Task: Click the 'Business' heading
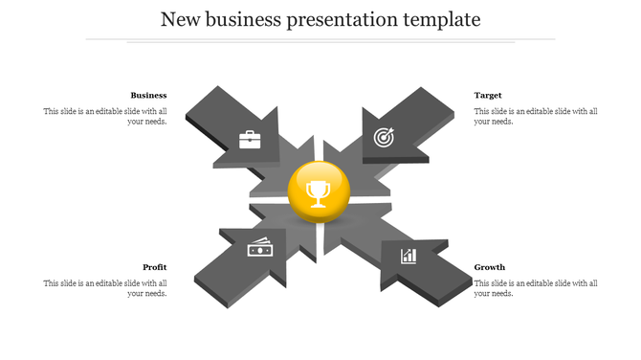click(x=148, y=95)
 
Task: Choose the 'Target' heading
click(x=488, y=95)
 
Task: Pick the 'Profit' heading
click(x=155, y=266)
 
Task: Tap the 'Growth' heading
click(x=490, y=266)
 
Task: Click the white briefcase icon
click(x=250, y=140)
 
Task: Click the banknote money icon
click(x=260, y=247)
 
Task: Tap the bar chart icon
click(x=409, y=255)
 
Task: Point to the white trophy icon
click(x=319, y=194)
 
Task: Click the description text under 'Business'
click(x=105, y=116)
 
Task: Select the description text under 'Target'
click(x=536, y=116)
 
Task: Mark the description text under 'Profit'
click(x=105, y=287)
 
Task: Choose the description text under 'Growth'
click(x=536, y=287)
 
